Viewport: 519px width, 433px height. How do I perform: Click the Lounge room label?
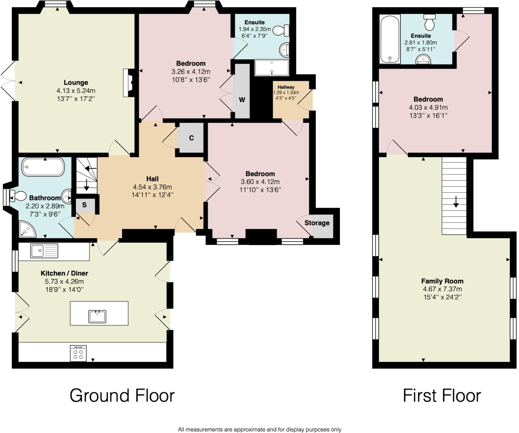[76, 82]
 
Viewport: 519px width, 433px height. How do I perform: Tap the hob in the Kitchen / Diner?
[78, 353]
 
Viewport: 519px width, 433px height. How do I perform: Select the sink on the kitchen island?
[97, 317]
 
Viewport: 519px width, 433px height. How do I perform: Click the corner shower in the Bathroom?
[27, 230]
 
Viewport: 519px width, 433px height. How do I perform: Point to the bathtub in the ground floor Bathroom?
[43, 167]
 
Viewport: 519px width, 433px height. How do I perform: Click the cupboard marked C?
[191, 138]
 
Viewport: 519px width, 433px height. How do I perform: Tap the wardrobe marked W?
[242, 100]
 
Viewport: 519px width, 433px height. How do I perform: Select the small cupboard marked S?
[84, 205]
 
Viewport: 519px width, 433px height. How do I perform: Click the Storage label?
[317, 223]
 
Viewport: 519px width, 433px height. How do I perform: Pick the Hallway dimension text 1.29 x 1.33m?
[286, 93]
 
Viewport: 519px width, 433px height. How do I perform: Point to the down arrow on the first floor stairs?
[456, 202]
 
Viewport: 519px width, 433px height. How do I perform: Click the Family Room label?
[442, 281]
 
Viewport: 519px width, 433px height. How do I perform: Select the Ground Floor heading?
[122, 395]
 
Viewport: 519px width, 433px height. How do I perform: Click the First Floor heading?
[442, 395]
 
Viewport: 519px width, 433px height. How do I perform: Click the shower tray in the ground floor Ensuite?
[271, 68]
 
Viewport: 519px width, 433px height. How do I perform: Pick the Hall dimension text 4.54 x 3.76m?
[152, 187]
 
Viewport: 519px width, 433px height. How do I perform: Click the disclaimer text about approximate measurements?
[259, 429]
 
